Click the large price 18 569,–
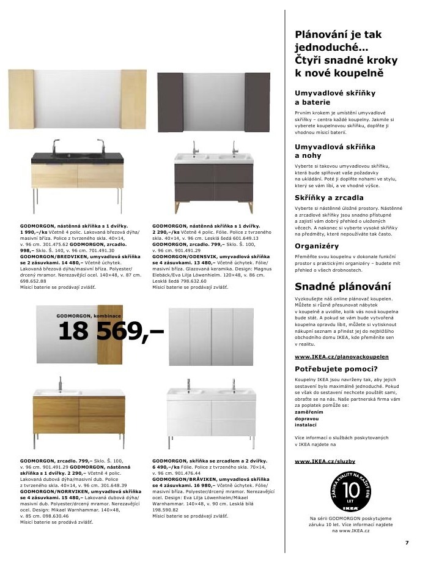111,332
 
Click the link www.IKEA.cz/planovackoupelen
341,356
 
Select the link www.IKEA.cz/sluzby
325,461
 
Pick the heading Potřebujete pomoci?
336,369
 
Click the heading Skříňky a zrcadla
329,198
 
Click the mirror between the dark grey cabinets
213,102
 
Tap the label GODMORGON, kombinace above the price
82,316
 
